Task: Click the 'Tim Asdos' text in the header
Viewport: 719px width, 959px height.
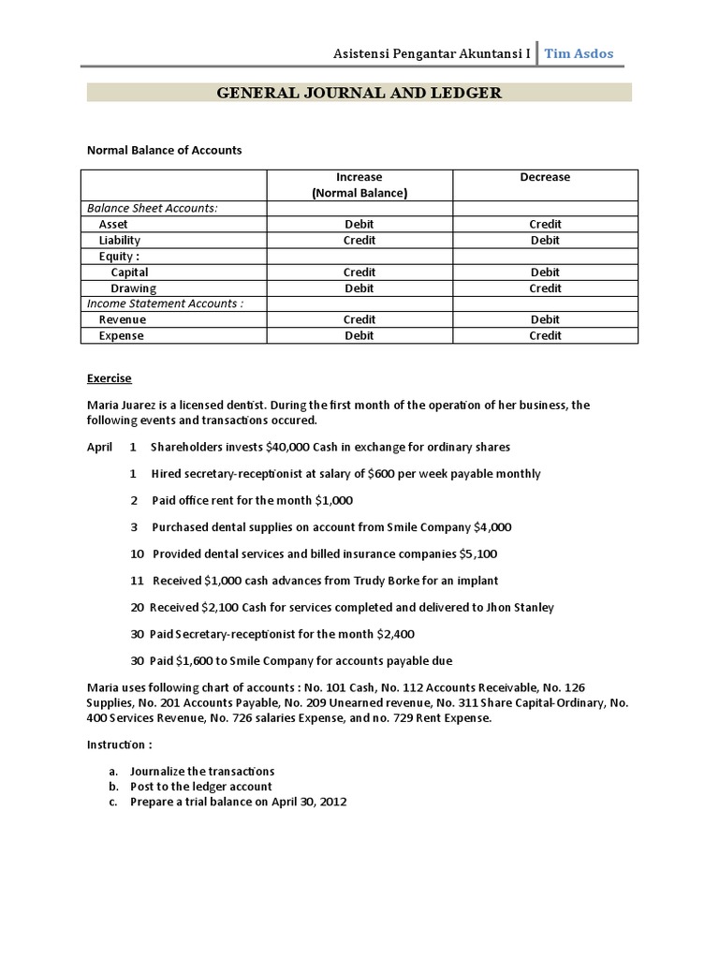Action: point(580,53)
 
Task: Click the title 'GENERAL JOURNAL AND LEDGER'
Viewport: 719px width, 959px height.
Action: point(359,92)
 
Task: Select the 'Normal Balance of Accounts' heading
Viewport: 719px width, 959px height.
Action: point(164,150)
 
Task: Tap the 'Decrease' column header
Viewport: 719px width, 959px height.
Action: point(545,177)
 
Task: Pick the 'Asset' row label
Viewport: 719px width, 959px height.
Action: point(113,225)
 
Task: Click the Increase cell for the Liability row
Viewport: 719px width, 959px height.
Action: point(359,241)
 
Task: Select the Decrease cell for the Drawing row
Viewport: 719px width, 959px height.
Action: point(545,288)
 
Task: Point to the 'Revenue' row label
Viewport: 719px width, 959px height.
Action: point(123,320)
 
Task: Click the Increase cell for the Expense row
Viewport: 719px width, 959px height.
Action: point(359,336)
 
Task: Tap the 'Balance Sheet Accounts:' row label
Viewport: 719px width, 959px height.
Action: point(152,208)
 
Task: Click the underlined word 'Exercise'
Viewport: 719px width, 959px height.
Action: point(110,379)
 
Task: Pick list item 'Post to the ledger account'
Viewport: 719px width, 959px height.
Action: point(201,787)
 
